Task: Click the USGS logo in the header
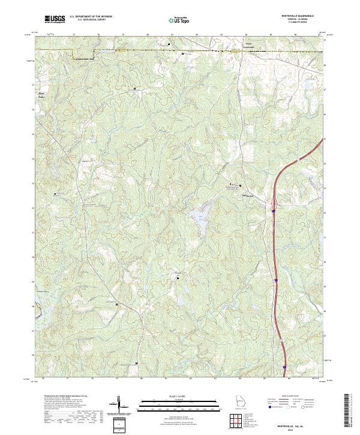(x=55, y=19)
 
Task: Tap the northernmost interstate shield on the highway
(x=274, y=211)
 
